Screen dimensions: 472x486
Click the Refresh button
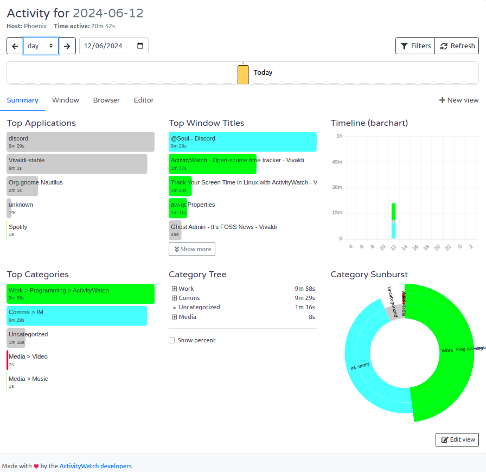[457, 46]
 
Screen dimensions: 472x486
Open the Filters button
[415, 46]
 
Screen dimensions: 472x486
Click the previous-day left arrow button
[15, 46]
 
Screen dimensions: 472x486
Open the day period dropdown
[41, 46]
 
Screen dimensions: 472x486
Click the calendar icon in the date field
[140, 46]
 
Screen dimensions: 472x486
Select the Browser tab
[106, 100]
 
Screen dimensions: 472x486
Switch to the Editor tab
[144, 100]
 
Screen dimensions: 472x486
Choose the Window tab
[66, 100]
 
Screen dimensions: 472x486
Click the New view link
[459, 100]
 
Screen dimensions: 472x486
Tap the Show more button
[192, 249]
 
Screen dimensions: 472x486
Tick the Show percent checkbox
[172, 340]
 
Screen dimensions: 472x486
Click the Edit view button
[457, 439]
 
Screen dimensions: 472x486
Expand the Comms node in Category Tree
[174, 298]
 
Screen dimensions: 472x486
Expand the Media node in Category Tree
[174, 317]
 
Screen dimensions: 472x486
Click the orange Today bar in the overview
[243, 75]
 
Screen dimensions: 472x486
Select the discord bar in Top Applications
[80, 142]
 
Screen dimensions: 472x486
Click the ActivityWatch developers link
[95, 466]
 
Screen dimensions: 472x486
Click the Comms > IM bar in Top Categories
[77, 316]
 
